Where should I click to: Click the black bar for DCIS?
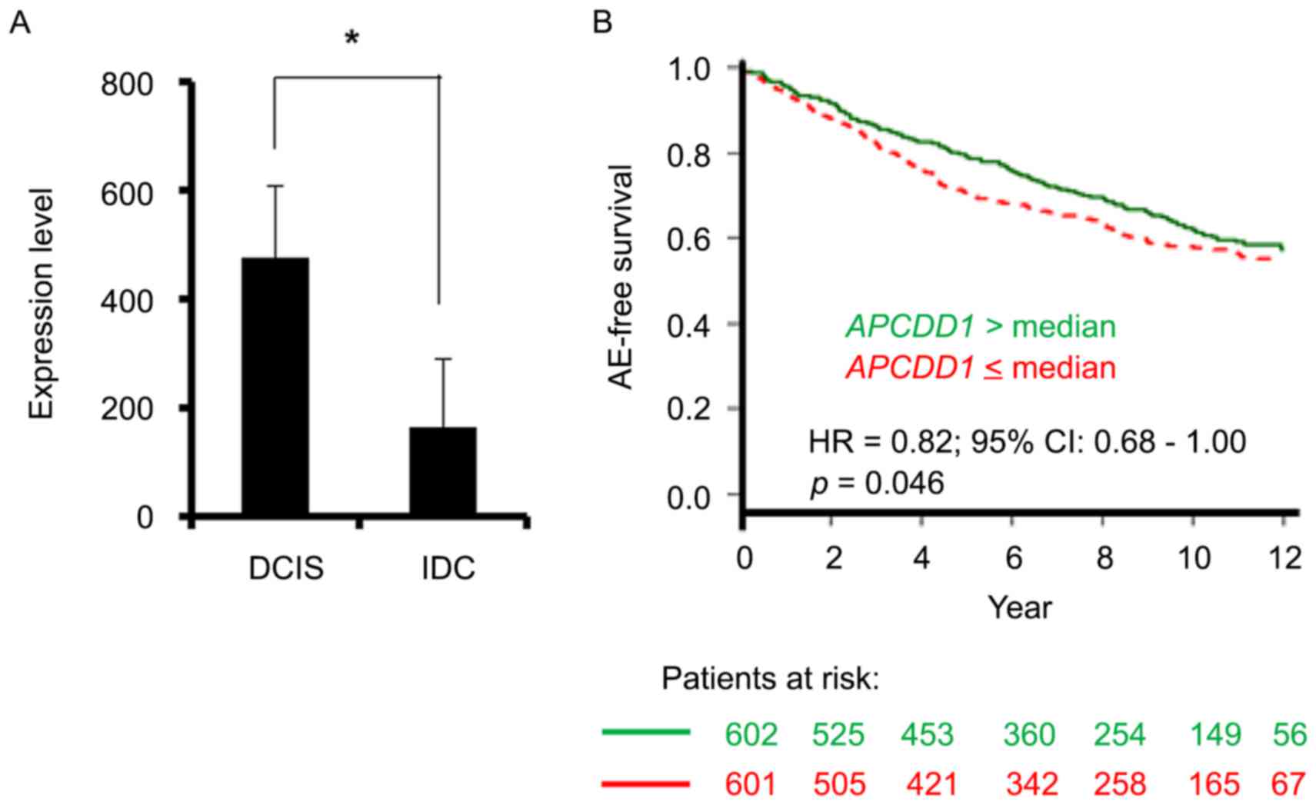click(x=275, y=386)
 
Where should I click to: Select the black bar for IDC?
click(x=442, y=471)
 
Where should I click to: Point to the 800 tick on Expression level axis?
click(x=128, y=84)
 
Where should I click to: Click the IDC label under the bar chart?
click(x=448, y=569)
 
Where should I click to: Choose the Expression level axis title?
click(x=43, y=304)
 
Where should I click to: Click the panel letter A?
click(x=20, y=23)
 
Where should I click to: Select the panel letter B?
click(x=602, y=22)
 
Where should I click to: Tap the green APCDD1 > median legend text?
click(x=981, y=327)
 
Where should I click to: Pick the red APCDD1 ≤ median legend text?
click(x=981, y=368)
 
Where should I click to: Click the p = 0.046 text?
click(x=876, y=484)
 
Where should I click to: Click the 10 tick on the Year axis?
click(x=1194, y=557)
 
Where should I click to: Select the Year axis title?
click(x=1019, y=607)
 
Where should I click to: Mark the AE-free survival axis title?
click(x=621, y=277)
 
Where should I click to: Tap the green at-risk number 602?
click(x=751, y=735)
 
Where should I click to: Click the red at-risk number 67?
click(x=1289, y=784)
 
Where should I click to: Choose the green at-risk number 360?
click(x=1029, y=735)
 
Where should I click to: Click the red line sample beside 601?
click(x=645, y=784)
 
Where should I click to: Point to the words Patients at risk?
click(x=770, y=679)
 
